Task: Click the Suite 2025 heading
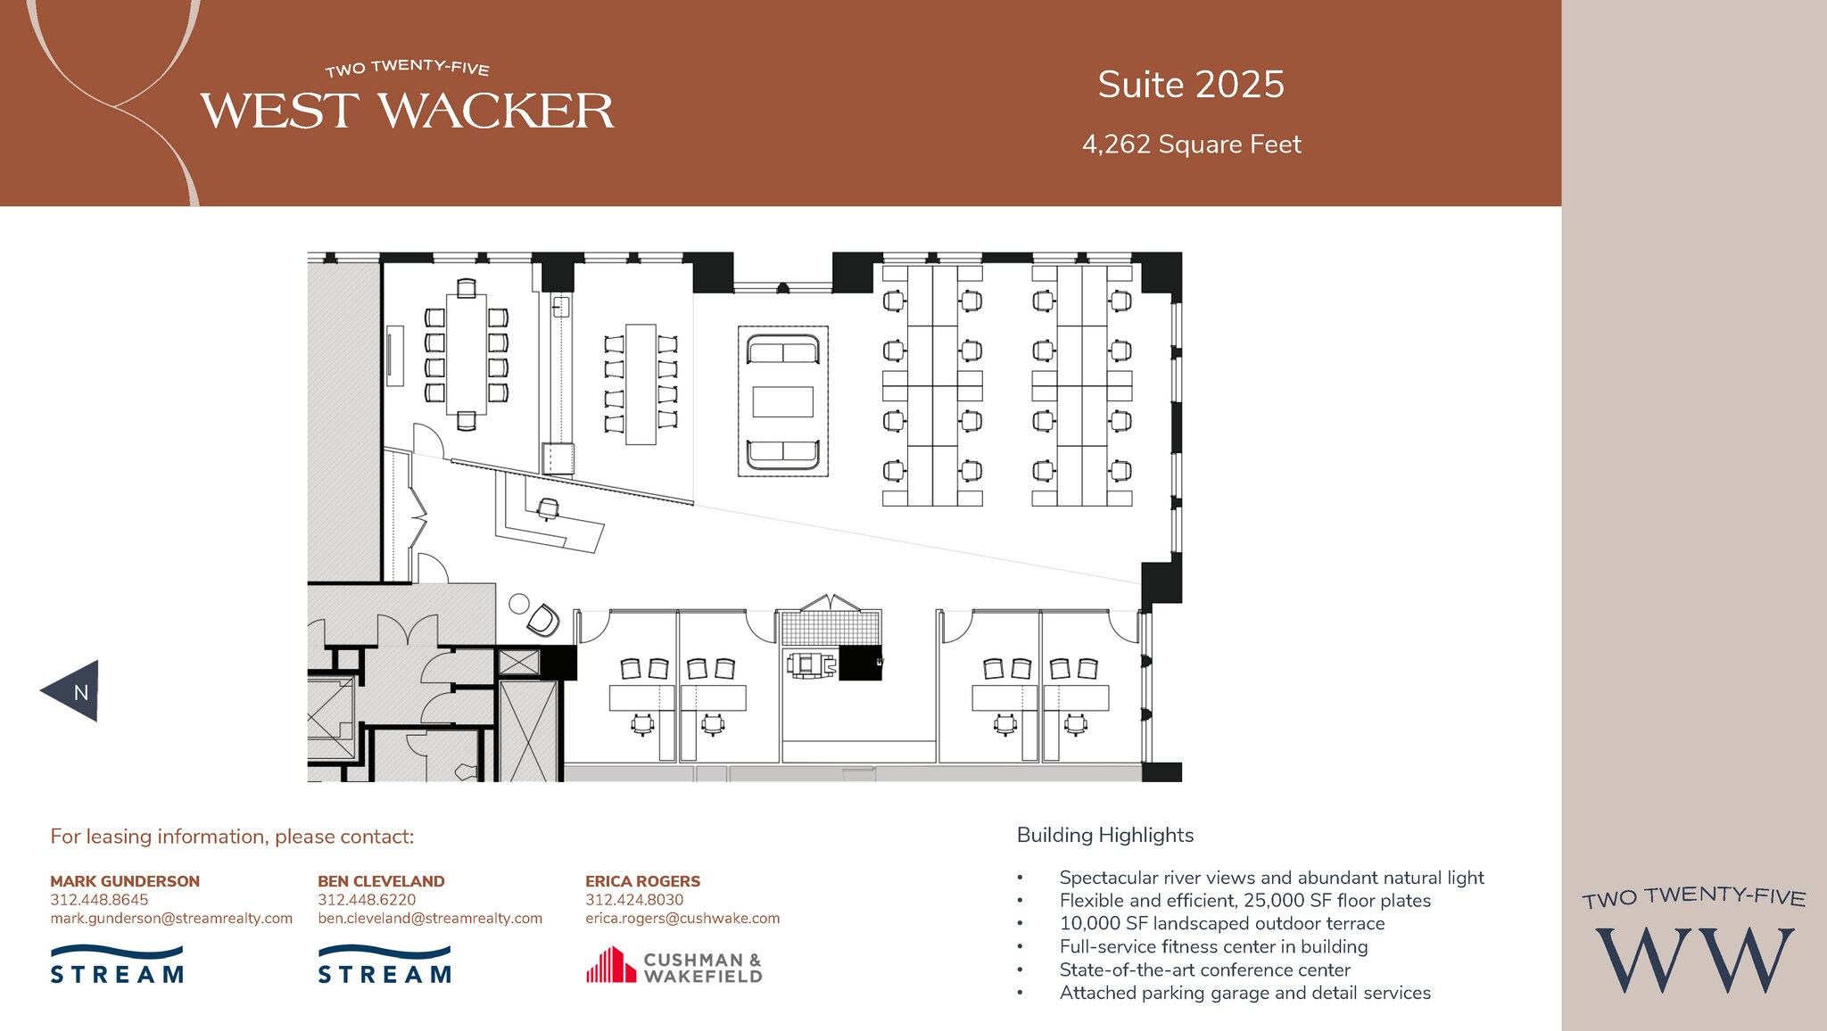point(1190,86)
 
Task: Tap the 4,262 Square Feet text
point(1191,144)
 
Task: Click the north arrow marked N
point(73,691)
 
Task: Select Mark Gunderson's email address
point(171,919)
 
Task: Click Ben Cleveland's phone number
point(367,900)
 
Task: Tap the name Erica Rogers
point(642,881)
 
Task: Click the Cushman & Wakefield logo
point(674,966)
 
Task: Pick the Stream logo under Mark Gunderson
point(117,966)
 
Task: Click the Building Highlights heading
point(1104,835)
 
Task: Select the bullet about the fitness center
point(1213,947)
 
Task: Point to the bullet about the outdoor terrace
point(1221,924)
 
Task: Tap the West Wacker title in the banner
point(407,111)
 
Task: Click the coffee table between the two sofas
point(782,402)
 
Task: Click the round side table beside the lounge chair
point(518,604)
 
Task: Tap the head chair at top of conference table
point(466,288)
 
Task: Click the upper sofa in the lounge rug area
point(782,350)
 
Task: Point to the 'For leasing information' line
point(232,837)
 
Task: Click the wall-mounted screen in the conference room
point(394,356)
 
